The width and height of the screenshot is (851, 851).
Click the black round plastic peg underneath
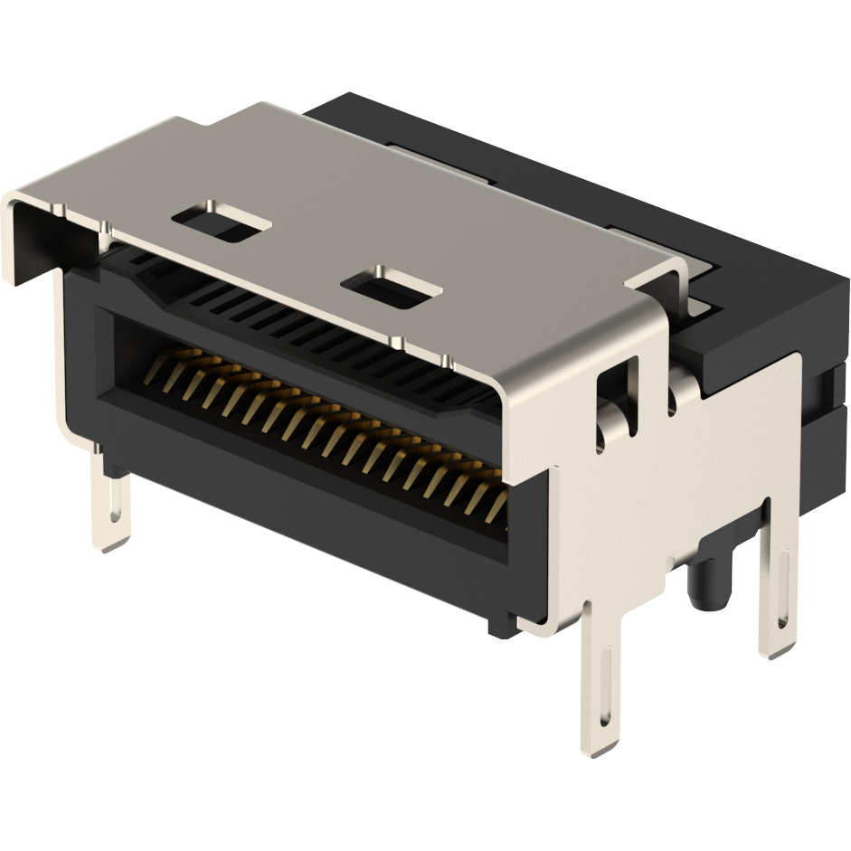coord(710,582)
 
